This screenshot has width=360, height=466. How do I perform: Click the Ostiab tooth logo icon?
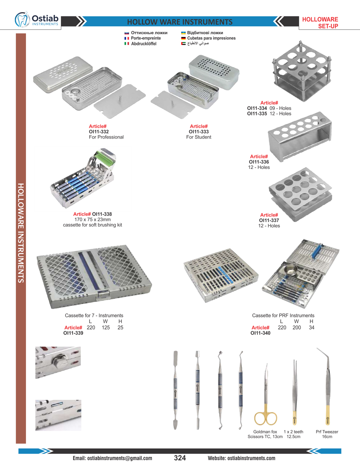pos(22,19)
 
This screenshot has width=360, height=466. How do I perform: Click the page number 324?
pos(180,458)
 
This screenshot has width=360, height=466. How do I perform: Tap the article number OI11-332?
pos(99,132)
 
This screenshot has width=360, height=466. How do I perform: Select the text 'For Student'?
pos(199,137)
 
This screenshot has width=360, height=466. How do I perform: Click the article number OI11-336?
pos(259,162)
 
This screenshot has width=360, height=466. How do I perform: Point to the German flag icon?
pos(184,38)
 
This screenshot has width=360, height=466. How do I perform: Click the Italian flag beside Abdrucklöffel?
pos(127,44)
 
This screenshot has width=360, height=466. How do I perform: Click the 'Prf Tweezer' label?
pos(327,432)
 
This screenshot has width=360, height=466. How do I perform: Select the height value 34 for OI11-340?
pos(311,327)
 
